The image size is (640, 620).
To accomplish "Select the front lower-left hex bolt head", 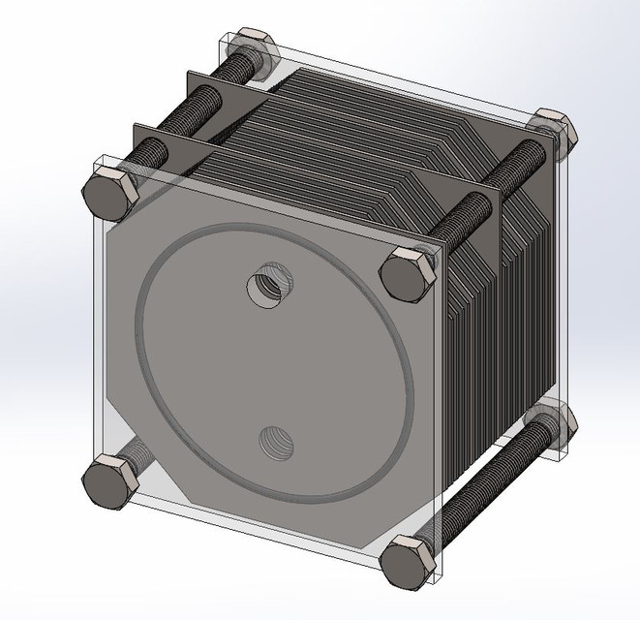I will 105,481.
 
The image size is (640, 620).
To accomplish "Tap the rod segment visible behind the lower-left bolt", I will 136,451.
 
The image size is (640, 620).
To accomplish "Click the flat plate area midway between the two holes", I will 269,365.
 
